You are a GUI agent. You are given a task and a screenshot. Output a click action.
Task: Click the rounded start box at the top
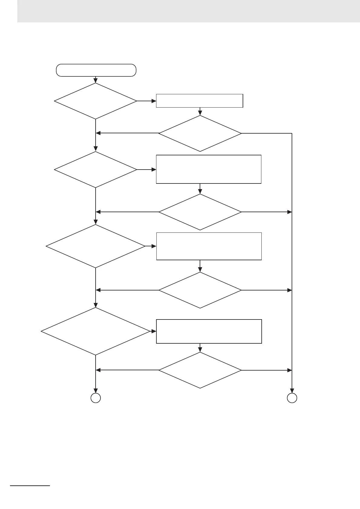point(96,70)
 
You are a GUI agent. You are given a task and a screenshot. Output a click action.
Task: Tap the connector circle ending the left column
point(96,398)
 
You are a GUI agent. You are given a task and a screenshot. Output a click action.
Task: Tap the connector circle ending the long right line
point(292,398)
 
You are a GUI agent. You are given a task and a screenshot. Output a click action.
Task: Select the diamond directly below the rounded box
point(96,101)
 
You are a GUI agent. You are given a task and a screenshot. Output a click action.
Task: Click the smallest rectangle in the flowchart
point(199,101)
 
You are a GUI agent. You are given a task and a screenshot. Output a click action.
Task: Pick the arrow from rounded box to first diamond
point(96,80)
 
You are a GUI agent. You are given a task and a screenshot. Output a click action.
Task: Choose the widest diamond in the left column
point(96,331)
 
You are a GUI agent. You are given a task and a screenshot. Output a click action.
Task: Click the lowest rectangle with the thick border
point(209,331)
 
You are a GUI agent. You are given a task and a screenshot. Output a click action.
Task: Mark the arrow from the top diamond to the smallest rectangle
point(146,101)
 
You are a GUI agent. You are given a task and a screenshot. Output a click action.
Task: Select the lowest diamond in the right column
point(200,370)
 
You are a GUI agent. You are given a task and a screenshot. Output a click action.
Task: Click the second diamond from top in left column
point(96,170)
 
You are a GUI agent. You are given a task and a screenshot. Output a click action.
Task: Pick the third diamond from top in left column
point(96,246)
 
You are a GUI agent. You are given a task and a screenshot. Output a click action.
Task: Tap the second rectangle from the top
point(208,169)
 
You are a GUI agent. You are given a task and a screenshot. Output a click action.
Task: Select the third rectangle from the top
point(209,246)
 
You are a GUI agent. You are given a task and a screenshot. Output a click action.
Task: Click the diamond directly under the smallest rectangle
point(200,133)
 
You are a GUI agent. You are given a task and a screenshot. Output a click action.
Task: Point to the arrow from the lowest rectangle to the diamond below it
point(200,348)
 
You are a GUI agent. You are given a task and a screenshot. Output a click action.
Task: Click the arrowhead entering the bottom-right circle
point(292,390)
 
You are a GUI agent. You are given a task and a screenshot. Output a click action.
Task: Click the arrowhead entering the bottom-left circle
point(96,390)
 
